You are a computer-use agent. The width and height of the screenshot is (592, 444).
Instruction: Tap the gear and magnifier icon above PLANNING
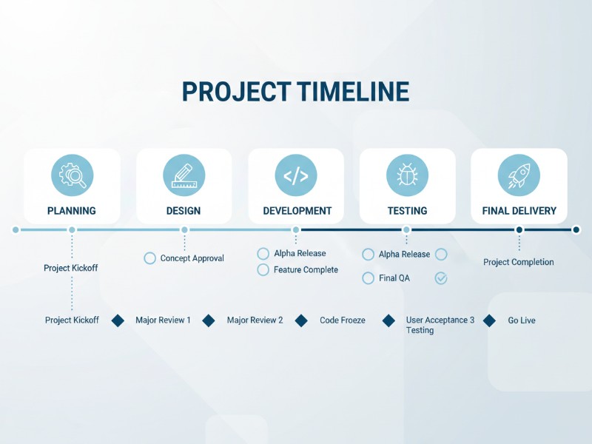(x=72, y=175)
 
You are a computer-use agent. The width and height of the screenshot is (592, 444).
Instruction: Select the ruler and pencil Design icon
(x=184, y=175)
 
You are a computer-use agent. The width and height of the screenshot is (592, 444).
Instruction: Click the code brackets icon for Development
(x=295, y=175)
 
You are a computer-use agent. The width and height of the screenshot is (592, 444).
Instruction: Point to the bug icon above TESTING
(x=407, y=175)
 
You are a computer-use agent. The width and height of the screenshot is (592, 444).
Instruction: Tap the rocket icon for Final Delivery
(x=519, y=175)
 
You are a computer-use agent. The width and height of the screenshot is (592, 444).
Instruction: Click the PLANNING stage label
(x=72, y=211)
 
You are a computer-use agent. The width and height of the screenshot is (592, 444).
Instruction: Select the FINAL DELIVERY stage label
(x=519, y=211)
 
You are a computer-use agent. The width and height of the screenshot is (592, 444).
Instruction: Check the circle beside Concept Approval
(x=150, y=258)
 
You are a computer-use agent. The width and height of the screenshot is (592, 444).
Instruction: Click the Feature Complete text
(x=306, y=270)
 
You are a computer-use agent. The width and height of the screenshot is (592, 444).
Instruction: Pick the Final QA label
(x=394, y=279)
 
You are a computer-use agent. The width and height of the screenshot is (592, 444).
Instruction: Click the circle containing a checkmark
(x=441, y=278)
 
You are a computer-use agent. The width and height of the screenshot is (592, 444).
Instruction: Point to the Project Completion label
(x=519, y=262)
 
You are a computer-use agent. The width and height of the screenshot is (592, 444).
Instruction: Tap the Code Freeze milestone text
(x=343, y=320)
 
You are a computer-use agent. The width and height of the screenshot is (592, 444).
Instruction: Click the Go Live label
(x=522, y=320)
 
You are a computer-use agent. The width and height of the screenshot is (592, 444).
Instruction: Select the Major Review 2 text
(x=255, y=320)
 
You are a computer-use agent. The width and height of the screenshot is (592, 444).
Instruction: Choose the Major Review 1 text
(x=163, y=320)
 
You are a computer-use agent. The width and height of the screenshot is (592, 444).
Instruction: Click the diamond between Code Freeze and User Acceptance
(x=389, y=320)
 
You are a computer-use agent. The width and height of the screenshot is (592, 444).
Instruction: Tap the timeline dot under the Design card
(x=184, y=230)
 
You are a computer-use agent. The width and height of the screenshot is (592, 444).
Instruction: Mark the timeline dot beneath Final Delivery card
(x=519, y=230)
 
